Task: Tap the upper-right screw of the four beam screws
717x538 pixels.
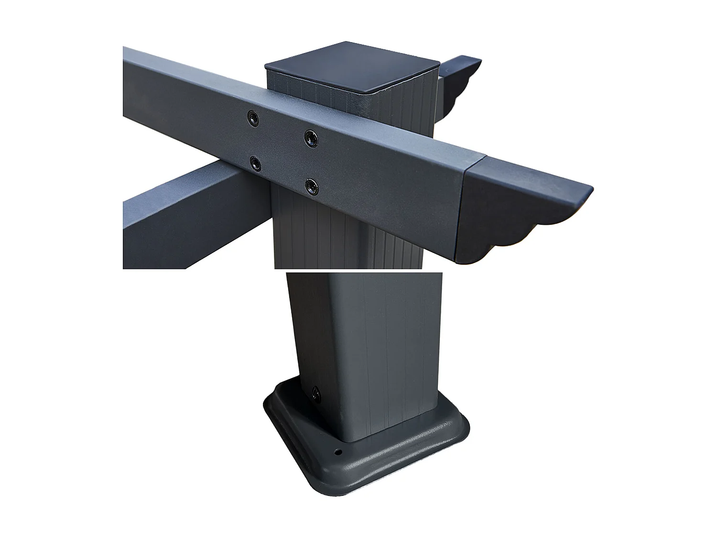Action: [312, 139]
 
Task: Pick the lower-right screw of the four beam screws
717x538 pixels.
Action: [312, 186]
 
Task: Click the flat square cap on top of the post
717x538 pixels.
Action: [353, 67]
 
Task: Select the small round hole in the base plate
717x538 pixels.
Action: [338, 451]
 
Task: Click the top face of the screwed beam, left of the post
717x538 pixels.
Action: [191, 72]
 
